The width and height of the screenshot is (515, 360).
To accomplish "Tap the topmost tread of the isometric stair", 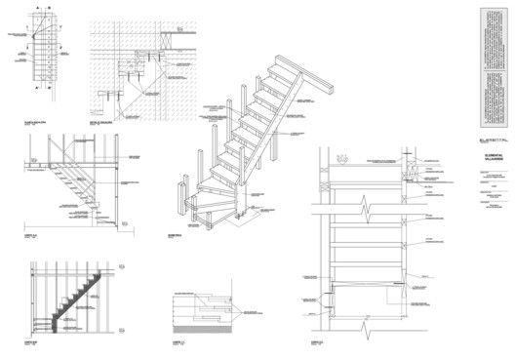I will pyautogui.click(x=286, y=62).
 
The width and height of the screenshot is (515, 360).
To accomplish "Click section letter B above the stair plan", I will pyautogui.click(x=52, y=8).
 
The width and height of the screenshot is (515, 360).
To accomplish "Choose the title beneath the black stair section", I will pyautogui.click(x=33, y=341).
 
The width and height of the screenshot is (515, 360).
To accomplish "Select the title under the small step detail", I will pyautogui.click(x=178, y=342).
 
